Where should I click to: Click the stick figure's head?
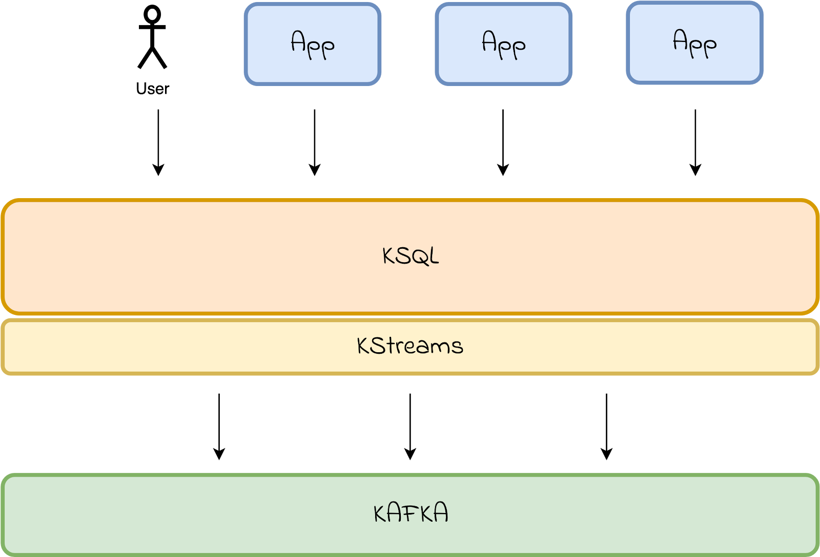tap(152, 14)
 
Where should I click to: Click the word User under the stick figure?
tap(153, 89)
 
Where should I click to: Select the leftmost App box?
tap(313, 44)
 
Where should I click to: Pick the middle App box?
tap(503, 44)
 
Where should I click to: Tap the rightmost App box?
tap(694, 43)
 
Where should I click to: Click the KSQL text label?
tap(411, 255)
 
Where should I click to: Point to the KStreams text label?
tap(410, 346)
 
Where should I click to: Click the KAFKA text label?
tap(411, 512)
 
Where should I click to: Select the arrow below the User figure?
tap(158, 143)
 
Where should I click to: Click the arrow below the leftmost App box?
tap(315, 143)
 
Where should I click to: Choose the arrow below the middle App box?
tap(503, 143)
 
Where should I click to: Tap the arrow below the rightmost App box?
tap(695, 143)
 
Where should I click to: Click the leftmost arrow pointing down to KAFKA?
tap(219, 427)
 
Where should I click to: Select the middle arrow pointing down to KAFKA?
tap(410, 427)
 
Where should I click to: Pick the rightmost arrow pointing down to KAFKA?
tap(607, 427)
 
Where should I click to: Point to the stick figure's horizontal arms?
tap(152, 27)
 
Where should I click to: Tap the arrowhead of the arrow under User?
tap(158, 170)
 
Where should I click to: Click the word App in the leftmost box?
tap(313, 45)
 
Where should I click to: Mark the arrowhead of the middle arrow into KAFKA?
tap(410, 454)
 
